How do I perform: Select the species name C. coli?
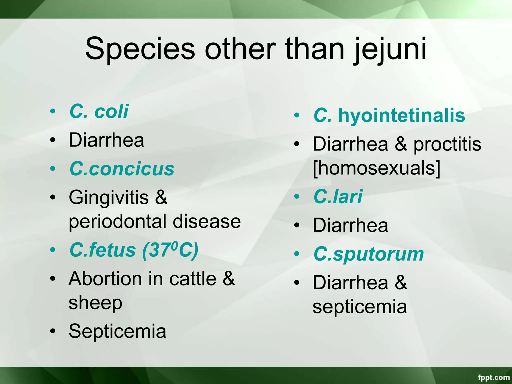(99, 111)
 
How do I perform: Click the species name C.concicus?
(122, 169)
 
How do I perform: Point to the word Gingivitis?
(109, 197)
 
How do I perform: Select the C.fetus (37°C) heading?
(134, 250)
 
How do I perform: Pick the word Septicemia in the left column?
(117, 331)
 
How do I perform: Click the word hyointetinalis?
(402, 115)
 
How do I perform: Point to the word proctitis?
(447, 144)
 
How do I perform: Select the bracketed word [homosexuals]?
(376, 168)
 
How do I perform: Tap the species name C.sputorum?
(369, 254)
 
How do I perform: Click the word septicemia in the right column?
(360, 307)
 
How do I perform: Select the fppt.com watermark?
(493, 377)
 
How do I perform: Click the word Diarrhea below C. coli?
(106, 140)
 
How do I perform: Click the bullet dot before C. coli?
(52, 111)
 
